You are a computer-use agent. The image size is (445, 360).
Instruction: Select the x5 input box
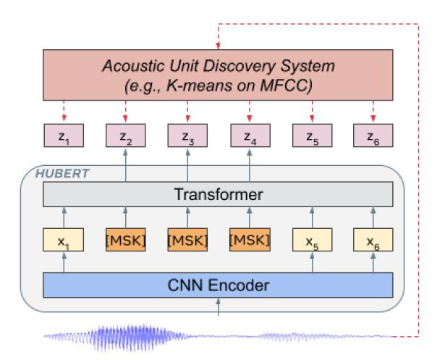point(312,239)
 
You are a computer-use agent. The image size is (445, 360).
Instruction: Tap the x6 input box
point(374,239)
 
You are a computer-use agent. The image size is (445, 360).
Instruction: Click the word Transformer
point(218,195)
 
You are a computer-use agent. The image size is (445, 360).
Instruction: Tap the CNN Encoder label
point(218,284)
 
